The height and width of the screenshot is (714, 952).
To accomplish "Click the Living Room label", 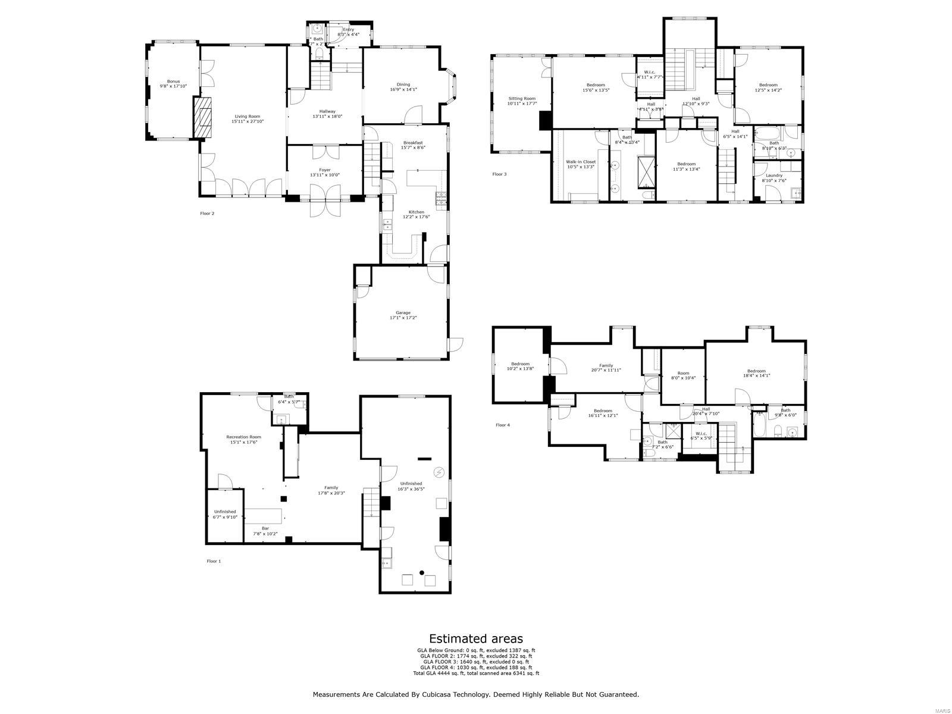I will click(x=247, y=119).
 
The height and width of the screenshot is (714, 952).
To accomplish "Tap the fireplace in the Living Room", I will click(x=203, y=117).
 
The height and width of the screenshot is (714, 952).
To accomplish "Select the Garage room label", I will click(x=403, y=315).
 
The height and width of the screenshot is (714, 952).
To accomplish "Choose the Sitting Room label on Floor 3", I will click(x=521, y=101).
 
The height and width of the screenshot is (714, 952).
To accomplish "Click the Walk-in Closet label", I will click(x=580, y=164).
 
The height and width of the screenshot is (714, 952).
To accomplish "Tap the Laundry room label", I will click(x=773, y=178).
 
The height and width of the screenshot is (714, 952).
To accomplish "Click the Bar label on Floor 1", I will click(x=265, y=531).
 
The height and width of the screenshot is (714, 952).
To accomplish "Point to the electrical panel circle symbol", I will click(x=439, y=472).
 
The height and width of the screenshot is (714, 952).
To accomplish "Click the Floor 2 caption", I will click(x=206, y=213).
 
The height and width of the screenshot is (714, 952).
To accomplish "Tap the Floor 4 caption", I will click(x=503, y=425).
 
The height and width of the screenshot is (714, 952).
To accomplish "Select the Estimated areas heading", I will click(x=476, y=639).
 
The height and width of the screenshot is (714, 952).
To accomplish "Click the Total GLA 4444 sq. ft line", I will click(x=476, y=674).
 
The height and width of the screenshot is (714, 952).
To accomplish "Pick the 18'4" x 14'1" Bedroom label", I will click(x=756, y=373).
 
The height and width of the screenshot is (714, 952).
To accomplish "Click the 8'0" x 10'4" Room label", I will click(x=683, y=375).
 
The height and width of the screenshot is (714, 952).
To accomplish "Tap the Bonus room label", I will click(x=173, y=84).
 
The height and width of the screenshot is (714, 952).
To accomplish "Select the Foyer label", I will click(x=324, y=173).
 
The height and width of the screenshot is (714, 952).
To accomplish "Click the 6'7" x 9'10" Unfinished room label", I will click(x=225, y=514).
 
